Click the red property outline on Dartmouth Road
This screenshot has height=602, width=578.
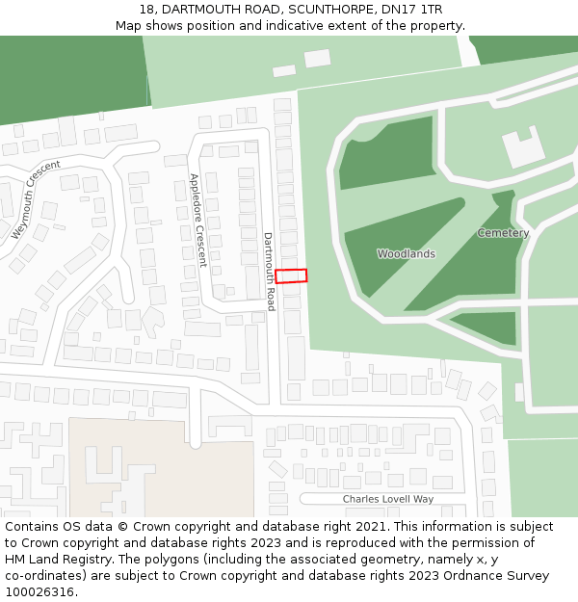(291, 275)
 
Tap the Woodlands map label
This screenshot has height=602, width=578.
(406, 254)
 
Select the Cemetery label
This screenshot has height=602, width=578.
(503, 233)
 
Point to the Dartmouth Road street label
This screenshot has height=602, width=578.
(269, 272)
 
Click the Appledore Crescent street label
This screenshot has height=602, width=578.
(197, 220)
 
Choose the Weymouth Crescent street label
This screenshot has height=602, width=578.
(36, 200)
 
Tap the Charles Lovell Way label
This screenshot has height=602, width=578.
(388, 499)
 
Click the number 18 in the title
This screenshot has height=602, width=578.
(146, 10)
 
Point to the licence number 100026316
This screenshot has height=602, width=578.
(39, 592)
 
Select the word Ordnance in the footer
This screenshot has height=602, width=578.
(466, 576)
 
